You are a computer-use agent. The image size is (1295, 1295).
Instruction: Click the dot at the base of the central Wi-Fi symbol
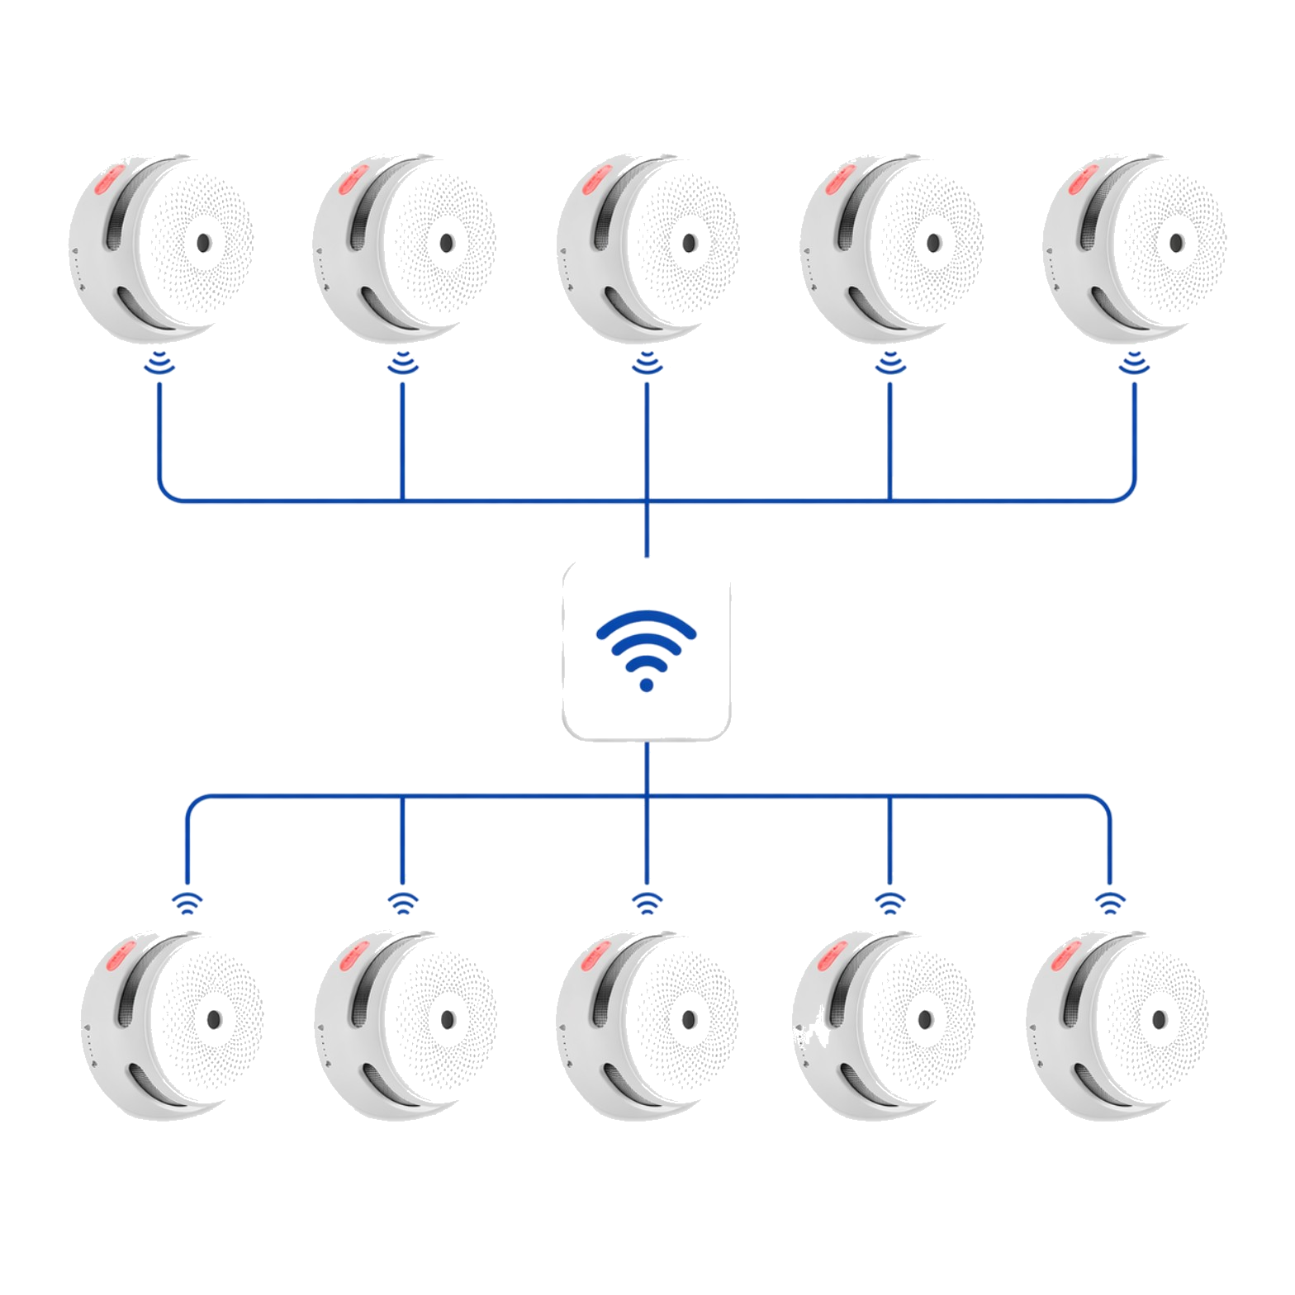tap(647, 685)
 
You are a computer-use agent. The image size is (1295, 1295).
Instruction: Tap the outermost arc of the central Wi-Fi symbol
tap(647, 616)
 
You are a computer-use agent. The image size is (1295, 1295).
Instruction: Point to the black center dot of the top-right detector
tap(1176, 243)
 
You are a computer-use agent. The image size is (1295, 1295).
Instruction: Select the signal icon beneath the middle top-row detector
tap(647, 363)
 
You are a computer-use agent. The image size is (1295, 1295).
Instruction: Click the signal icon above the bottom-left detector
tap(187, 903)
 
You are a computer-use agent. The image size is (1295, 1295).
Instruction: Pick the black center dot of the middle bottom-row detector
tap(689, 1020)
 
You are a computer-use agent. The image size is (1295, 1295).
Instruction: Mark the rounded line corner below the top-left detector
tap(165, 493)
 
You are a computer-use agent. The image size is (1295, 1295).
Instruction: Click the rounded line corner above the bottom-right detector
tap(1103, 804)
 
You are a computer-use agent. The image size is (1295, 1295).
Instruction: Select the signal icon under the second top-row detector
tap(403, 363)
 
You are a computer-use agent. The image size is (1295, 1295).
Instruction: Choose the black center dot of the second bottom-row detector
tap(447, 1020)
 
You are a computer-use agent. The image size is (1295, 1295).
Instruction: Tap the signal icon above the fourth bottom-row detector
tap(889, 903)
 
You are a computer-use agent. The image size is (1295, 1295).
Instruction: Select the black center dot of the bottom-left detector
tap(214, 1020)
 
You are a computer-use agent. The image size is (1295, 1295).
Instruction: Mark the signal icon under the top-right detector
tap(1134, 363)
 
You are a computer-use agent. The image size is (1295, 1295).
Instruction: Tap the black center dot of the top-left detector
tap(203, 243)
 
